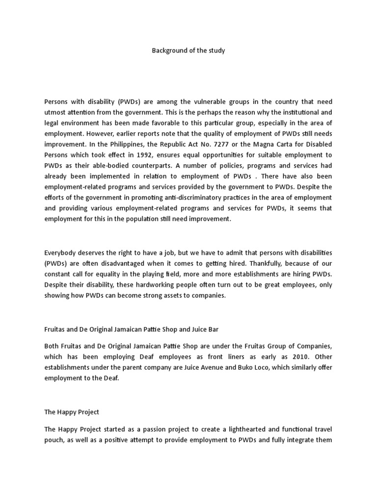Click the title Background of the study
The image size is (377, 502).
click(188, 51)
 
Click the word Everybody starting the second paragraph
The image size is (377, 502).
click(60, 252)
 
